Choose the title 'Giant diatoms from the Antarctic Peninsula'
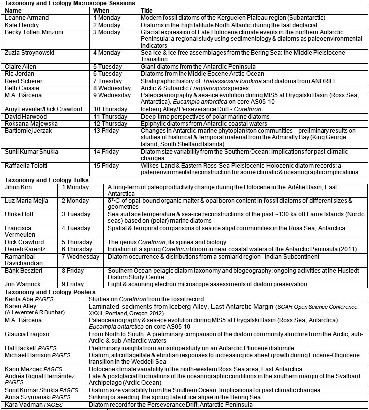pyautogui.click(x=198, y=66)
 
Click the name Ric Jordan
pyautogui.click(x=20, y=73)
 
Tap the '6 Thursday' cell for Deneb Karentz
pyautogui.click(x=78, y=249)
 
